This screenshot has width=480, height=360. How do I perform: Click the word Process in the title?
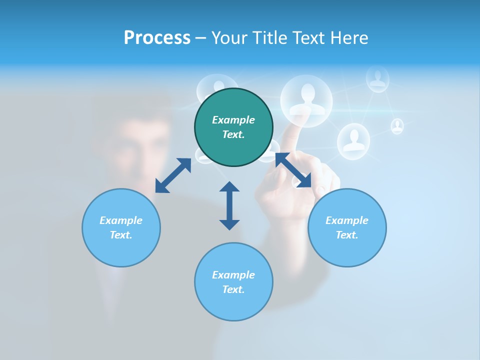point(157,38)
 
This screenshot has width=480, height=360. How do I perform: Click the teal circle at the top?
point(233,127)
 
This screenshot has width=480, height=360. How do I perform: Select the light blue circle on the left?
point(121,227)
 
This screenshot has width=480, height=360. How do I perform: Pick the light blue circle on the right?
point(347,227)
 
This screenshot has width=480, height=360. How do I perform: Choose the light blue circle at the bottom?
point(233,282)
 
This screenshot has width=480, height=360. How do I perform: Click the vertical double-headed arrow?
point(229,205)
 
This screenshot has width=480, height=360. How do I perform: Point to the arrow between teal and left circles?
point(173,175)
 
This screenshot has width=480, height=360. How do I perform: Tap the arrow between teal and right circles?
point(293,170)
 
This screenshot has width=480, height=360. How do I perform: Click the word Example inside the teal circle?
point(233,120)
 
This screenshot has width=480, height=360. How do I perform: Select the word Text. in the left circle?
point(121,235)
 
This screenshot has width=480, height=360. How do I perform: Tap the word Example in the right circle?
point(347,220)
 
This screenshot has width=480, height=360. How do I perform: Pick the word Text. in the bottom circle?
point(233,289)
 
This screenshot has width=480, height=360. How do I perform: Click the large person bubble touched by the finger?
point(306,100)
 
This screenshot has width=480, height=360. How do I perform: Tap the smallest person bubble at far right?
point(397,126)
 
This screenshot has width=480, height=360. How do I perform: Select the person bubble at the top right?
point(377,79)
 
